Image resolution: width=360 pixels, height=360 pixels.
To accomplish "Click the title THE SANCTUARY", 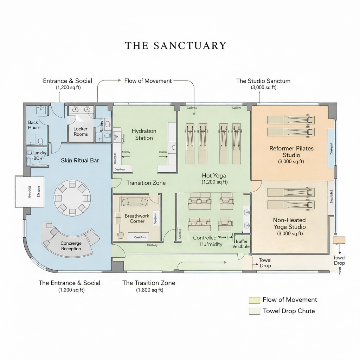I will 175,46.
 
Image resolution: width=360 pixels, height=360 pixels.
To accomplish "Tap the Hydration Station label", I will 144,134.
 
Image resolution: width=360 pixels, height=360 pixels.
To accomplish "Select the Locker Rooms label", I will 81,131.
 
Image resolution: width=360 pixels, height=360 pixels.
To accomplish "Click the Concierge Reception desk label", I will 71,246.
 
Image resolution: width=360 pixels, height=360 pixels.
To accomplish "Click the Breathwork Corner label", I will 137,218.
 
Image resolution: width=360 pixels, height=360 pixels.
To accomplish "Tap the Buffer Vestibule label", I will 241,244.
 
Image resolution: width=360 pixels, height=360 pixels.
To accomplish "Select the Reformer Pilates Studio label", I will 291,152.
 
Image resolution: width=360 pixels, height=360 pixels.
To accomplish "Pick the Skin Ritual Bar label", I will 80,160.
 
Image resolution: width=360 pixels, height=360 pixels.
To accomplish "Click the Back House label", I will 34,125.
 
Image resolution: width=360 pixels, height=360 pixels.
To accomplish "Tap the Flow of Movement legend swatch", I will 254,300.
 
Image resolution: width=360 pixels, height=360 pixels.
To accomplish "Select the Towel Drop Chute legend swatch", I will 254,311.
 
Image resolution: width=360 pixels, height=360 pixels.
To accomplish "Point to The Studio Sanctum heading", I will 263,81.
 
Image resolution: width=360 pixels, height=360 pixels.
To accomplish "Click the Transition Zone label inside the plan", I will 146,183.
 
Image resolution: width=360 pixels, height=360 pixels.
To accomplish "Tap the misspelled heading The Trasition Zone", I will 149,283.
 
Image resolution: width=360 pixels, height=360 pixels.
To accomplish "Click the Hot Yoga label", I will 214,175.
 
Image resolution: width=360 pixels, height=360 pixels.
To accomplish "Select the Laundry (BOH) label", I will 39,155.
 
